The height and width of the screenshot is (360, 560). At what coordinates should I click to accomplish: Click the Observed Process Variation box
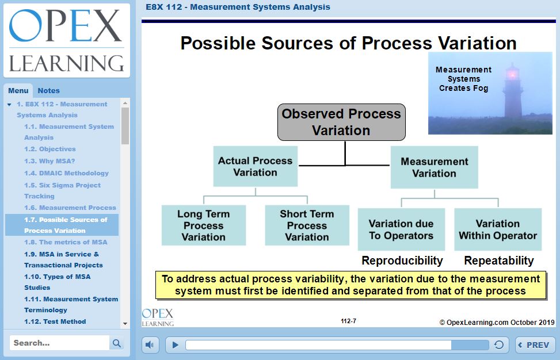pos(341,122)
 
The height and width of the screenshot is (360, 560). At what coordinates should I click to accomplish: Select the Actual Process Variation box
pos(256,166)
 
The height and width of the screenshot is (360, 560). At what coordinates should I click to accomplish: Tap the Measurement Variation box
pos(435,167)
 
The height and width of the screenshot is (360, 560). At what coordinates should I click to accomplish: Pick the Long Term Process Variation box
pos(204,225)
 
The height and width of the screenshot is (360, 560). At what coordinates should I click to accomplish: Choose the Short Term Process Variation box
pos(307,225)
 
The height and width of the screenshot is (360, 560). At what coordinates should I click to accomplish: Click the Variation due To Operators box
pos(401,229)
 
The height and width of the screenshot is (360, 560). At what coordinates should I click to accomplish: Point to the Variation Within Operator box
pos(498,229)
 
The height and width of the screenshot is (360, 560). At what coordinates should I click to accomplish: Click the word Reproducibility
pos(402,261)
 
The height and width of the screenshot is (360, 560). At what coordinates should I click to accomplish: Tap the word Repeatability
pos(499,261)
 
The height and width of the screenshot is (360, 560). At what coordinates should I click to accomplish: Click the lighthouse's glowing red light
pos(512,74)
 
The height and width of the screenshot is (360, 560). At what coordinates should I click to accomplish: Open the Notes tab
pos(48,91)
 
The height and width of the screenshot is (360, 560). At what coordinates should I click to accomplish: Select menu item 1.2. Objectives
pos(50,149)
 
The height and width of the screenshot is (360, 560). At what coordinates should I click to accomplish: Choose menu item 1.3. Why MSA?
pos(49,161)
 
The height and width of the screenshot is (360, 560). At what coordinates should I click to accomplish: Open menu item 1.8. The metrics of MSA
pos(66,242)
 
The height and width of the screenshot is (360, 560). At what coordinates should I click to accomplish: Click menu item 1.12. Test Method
pos(55,321)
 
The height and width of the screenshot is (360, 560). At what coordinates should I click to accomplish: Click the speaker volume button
pos(150,345)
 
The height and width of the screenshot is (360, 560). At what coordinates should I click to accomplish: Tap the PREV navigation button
pos(535,345)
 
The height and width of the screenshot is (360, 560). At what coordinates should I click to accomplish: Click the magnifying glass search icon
pos(116,343)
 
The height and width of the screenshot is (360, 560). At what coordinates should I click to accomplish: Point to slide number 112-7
pos(349,321)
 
